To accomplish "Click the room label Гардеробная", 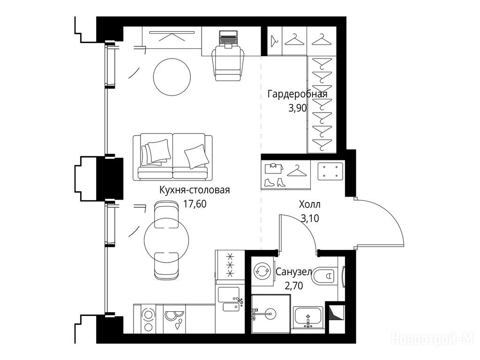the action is pos(298,94).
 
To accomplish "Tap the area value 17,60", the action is pos(195,203).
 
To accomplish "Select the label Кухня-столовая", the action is pos(195,190).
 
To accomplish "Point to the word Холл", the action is pos(309,204).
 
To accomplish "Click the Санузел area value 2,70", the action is pos(294,285).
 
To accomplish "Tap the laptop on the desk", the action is pos(228,38).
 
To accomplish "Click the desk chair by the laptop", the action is pos(228,63).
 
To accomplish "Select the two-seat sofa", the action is pos(172,157).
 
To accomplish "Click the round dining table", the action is pos(166,240).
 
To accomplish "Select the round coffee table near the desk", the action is pos(172,76).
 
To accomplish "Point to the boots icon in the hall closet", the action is pos(275,182).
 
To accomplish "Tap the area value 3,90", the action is pos(298,108).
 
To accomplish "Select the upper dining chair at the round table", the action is pos(166,214).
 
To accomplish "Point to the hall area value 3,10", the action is pos(310,218).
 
